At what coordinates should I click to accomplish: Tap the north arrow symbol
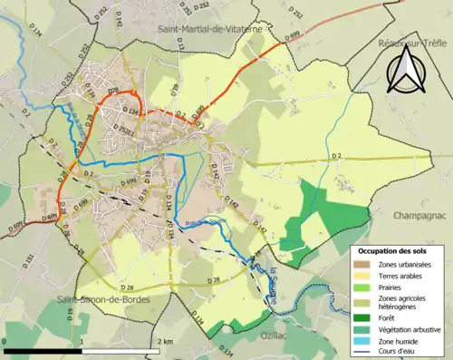404,71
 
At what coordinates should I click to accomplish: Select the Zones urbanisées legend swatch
360,264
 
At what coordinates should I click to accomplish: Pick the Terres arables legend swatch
360,277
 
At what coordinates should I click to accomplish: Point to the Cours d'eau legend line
360,354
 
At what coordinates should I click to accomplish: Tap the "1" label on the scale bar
82,341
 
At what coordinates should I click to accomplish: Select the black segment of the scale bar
42,350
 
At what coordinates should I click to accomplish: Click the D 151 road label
30,262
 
